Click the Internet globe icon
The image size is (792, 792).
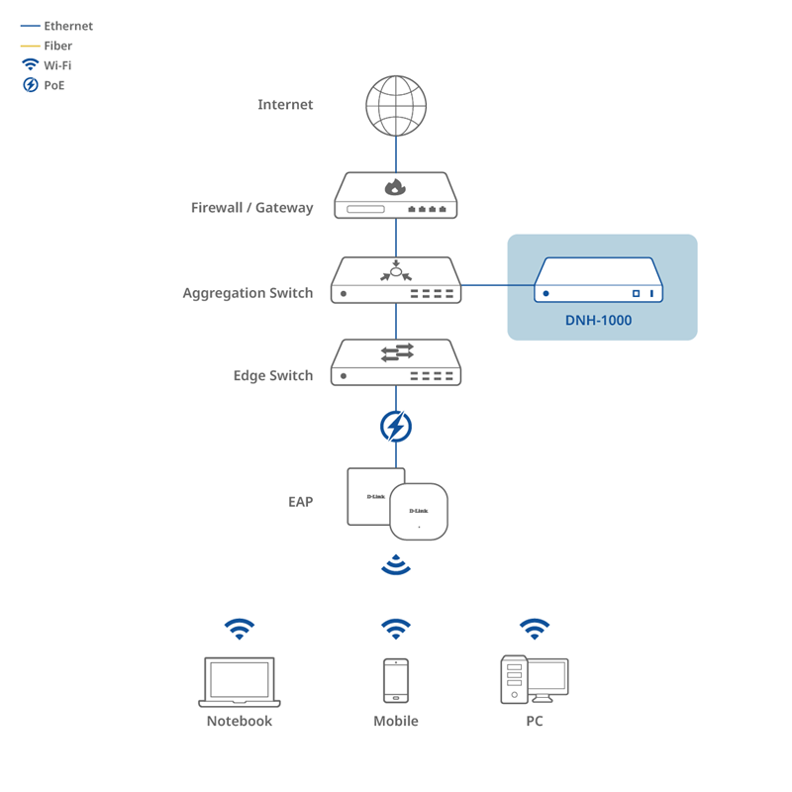(x=396, y=106)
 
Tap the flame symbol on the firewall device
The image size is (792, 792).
(x=395, y=187)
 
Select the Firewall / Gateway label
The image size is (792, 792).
(x=252, y=208)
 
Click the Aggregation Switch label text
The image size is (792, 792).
(x=247, y=293)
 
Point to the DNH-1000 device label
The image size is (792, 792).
(x=599, y=320)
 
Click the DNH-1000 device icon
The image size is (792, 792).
(x=599, y=280)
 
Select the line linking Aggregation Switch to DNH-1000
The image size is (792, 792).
(x=498, y=285)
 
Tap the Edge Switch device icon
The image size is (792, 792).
(x=396, y=362)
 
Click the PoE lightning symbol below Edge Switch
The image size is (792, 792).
(x=396, y=427)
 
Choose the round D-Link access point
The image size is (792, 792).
(x=419, y=512)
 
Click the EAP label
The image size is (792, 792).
(x=301, y=502)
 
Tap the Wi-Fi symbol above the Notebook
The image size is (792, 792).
(x=240, y=629)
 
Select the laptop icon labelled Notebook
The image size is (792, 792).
(x=240, y=682)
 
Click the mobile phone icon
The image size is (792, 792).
(x=396, y=681)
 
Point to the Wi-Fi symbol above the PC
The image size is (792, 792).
(x=535, y=629)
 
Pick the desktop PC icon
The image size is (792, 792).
(x=535, y=680)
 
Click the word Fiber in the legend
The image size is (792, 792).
(x=58, y=46)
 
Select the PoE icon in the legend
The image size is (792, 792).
(x=31, y=85)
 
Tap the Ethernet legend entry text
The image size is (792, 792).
(x=68, y=26)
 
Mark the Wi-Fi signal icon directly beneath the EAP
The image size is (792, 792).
(x=396, y=564)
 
